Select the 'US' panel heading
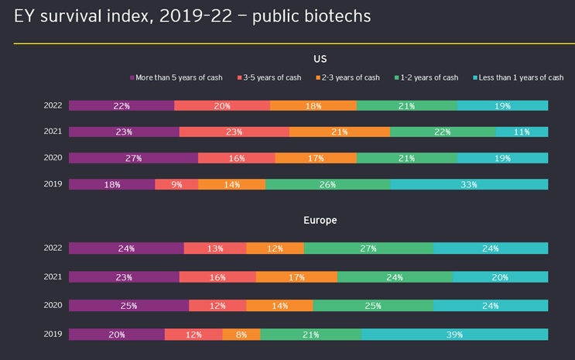[x=320, y=59]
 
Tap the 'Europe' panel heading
[x=320, y=221]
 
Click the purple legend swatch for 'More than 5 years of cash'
[x=132, y=77]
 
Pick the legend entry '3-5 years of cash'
[x=272, y=77]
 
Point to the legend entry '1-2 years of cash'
[x=428, y=77]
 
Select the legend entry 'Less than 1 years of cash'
[x=517, y=77]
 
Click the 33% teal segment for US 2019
[x=469, y=184]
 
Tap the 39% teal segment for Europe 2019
[x=454, y=334]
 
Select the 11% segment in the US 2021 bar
[x=522, y=132]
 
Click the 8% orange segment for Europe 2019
[x=241, y=334]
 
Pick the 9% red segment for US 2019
[x=176, y=184]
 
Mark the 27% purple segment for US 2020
[x=133, y=158]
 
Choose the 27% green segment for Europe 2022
[x=368, y=249]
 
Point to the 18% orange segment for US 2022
[x=313, y=105]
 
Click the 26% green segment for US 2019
[x=327, y=184]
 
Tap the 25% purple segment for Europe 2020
[x=128, y=306]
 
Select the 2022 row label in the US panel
[x=53, y=105]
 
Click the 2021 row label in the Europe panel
[x=53, y=277]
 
